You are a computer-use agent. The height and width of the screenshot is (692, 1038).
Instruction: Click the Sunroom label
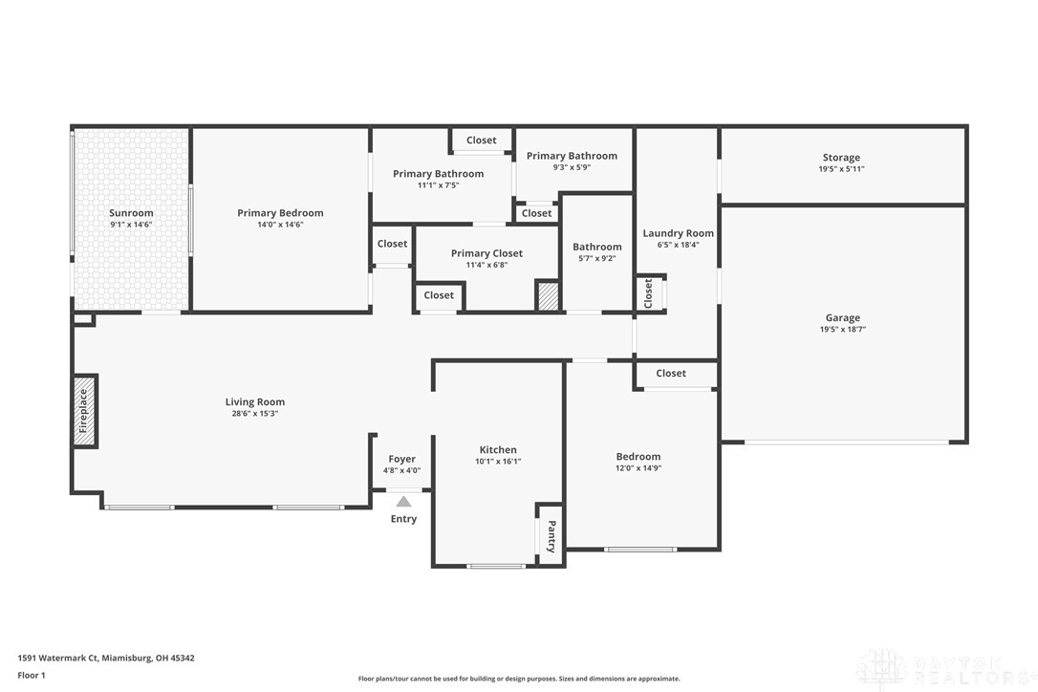(131, 212)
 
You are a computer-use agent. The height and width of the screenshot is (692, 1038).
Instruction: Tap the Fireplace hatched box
(85, 411)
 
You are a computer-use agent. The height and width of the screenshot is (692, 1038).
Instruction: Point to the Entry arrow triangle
(403, 501)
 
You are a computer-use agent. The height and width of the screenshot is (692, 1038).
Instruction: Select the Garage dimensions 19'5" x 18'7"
(843, 329)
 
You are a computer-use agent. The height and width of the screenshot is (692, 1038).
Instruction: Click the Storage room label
(841, 158)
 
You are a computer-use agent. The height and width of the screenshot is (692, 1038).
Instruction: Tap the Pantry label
(551, 536)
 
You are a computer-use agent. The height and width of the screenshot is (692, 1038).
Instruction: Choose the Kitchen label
(498, 449)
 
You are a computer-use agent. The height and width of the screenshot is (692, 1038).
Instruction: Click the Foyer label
(401, 459)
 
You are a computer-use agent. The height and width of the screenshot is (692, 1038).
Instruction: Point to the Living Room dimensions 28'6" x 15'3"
(255, 413)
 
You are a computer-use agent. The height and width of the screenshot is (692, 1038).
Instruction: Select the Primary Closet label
(487, 253)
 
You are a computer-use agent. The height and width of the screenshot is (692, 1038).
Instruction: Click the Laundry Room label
(678, 233)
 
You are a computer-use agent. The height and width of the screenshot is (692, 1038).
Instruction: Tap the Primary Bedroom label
(280, 212)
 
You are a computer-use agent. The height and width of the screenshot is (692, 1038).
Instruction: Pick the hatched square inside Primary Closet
(548, 296)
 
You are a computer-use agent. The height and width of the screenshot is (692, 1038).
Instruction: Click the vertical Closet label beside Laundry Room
(648, 293)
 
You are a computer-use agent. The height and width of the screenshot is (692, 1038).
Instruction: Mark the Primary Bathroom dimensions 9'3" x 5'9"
(572, 167)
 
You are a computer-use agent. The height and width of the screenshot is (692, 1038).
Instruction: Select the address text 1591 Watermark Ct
(58, 659)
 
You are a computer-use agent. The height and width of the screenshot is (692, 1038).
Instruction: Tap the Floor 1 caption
(32, 676)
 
